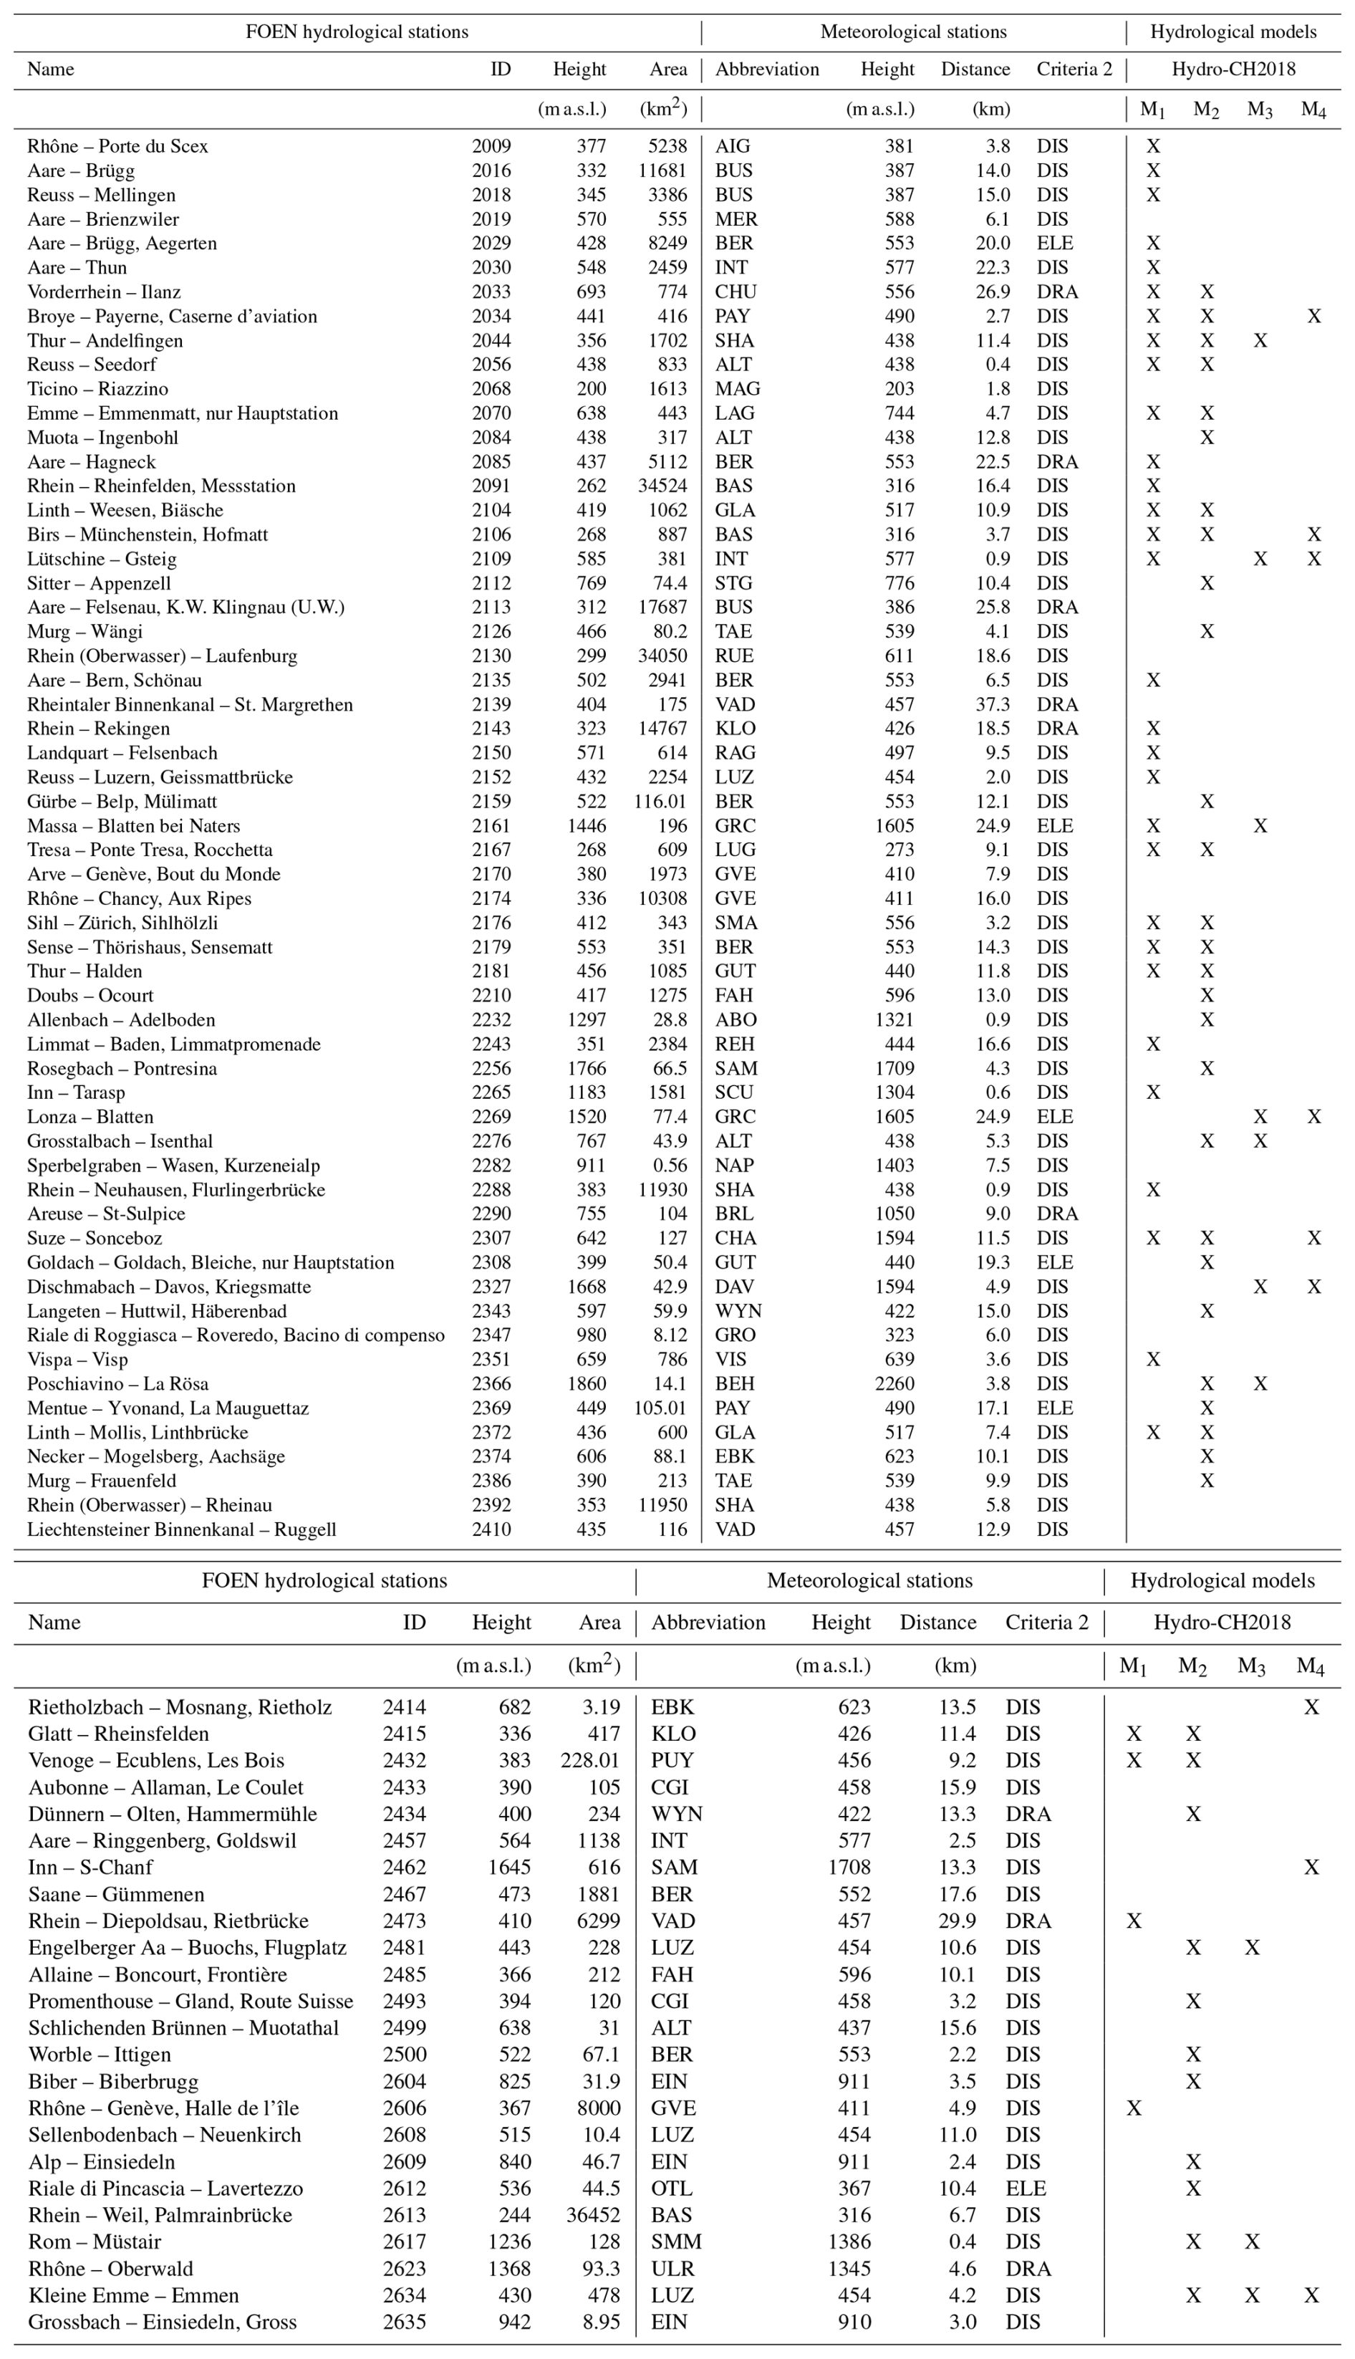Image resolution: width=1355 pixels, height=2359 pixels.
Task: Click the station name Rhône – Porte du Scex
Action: coord(117,146)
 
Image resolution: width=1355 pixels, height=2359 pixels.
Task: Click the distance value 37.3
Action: coord(991,704)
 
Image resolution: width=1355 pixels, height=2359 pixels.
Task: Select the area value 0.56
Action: coord(670,1165)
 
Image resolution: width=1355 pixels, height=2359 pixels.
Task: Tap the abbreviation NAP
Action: coord(734,1165)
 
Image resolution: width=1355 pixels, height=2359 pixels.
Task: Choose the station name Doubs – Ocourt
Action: coord(90,996)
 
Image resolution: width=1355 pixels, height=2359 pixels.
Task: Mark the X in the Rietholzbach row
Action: coord(1311,1706)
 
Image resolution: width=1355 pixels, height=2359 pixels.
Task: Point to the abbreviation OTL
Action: coord(671,2188)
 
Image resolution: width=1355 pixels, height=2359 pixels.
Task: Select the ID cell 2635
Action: coord(404,2322)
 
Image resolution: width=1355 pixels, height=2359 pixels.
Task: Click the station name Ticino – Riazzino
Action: coord(97,389)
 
